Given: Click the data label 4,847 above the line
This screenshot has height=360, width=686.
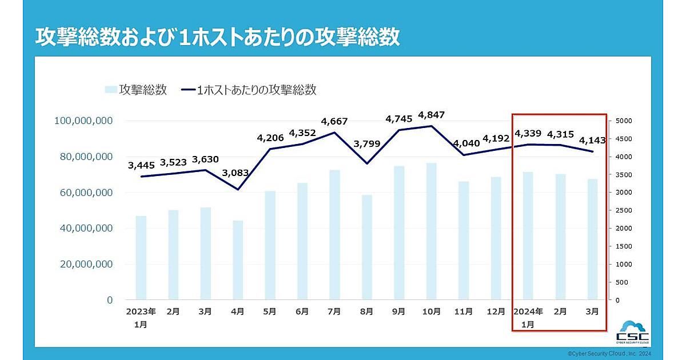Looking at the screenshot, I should point(431,115).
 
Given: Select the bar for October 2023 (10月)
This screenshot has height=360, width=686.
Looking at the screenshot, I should point(431,231).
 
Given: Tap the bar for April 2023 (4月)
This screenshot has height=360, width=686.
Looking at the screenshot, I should point(238,259).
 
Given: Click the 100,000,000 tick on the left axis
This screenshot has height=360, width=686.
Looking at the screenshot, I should point(83,121).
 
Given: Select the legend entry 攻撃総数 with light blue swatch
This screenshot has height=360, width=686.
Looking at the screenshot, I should point(136,90).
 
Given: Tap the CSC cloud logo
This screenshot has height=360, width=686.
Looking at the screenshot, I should point(633,333).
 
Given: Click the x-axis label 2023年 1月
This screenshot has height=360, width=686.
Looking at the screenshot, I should point(141,317).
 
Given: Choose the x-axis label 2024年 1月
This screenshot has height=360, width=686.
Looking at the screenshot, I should point(528,317).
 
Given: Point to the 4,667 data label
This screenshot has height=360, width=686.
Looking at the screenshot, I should point(334,121).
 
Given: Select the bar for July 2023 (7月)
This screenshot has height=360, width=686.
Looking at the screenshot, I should point(334,234).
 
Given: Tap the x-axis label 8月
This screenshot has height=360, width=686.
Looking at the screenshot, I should point(366,311).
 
